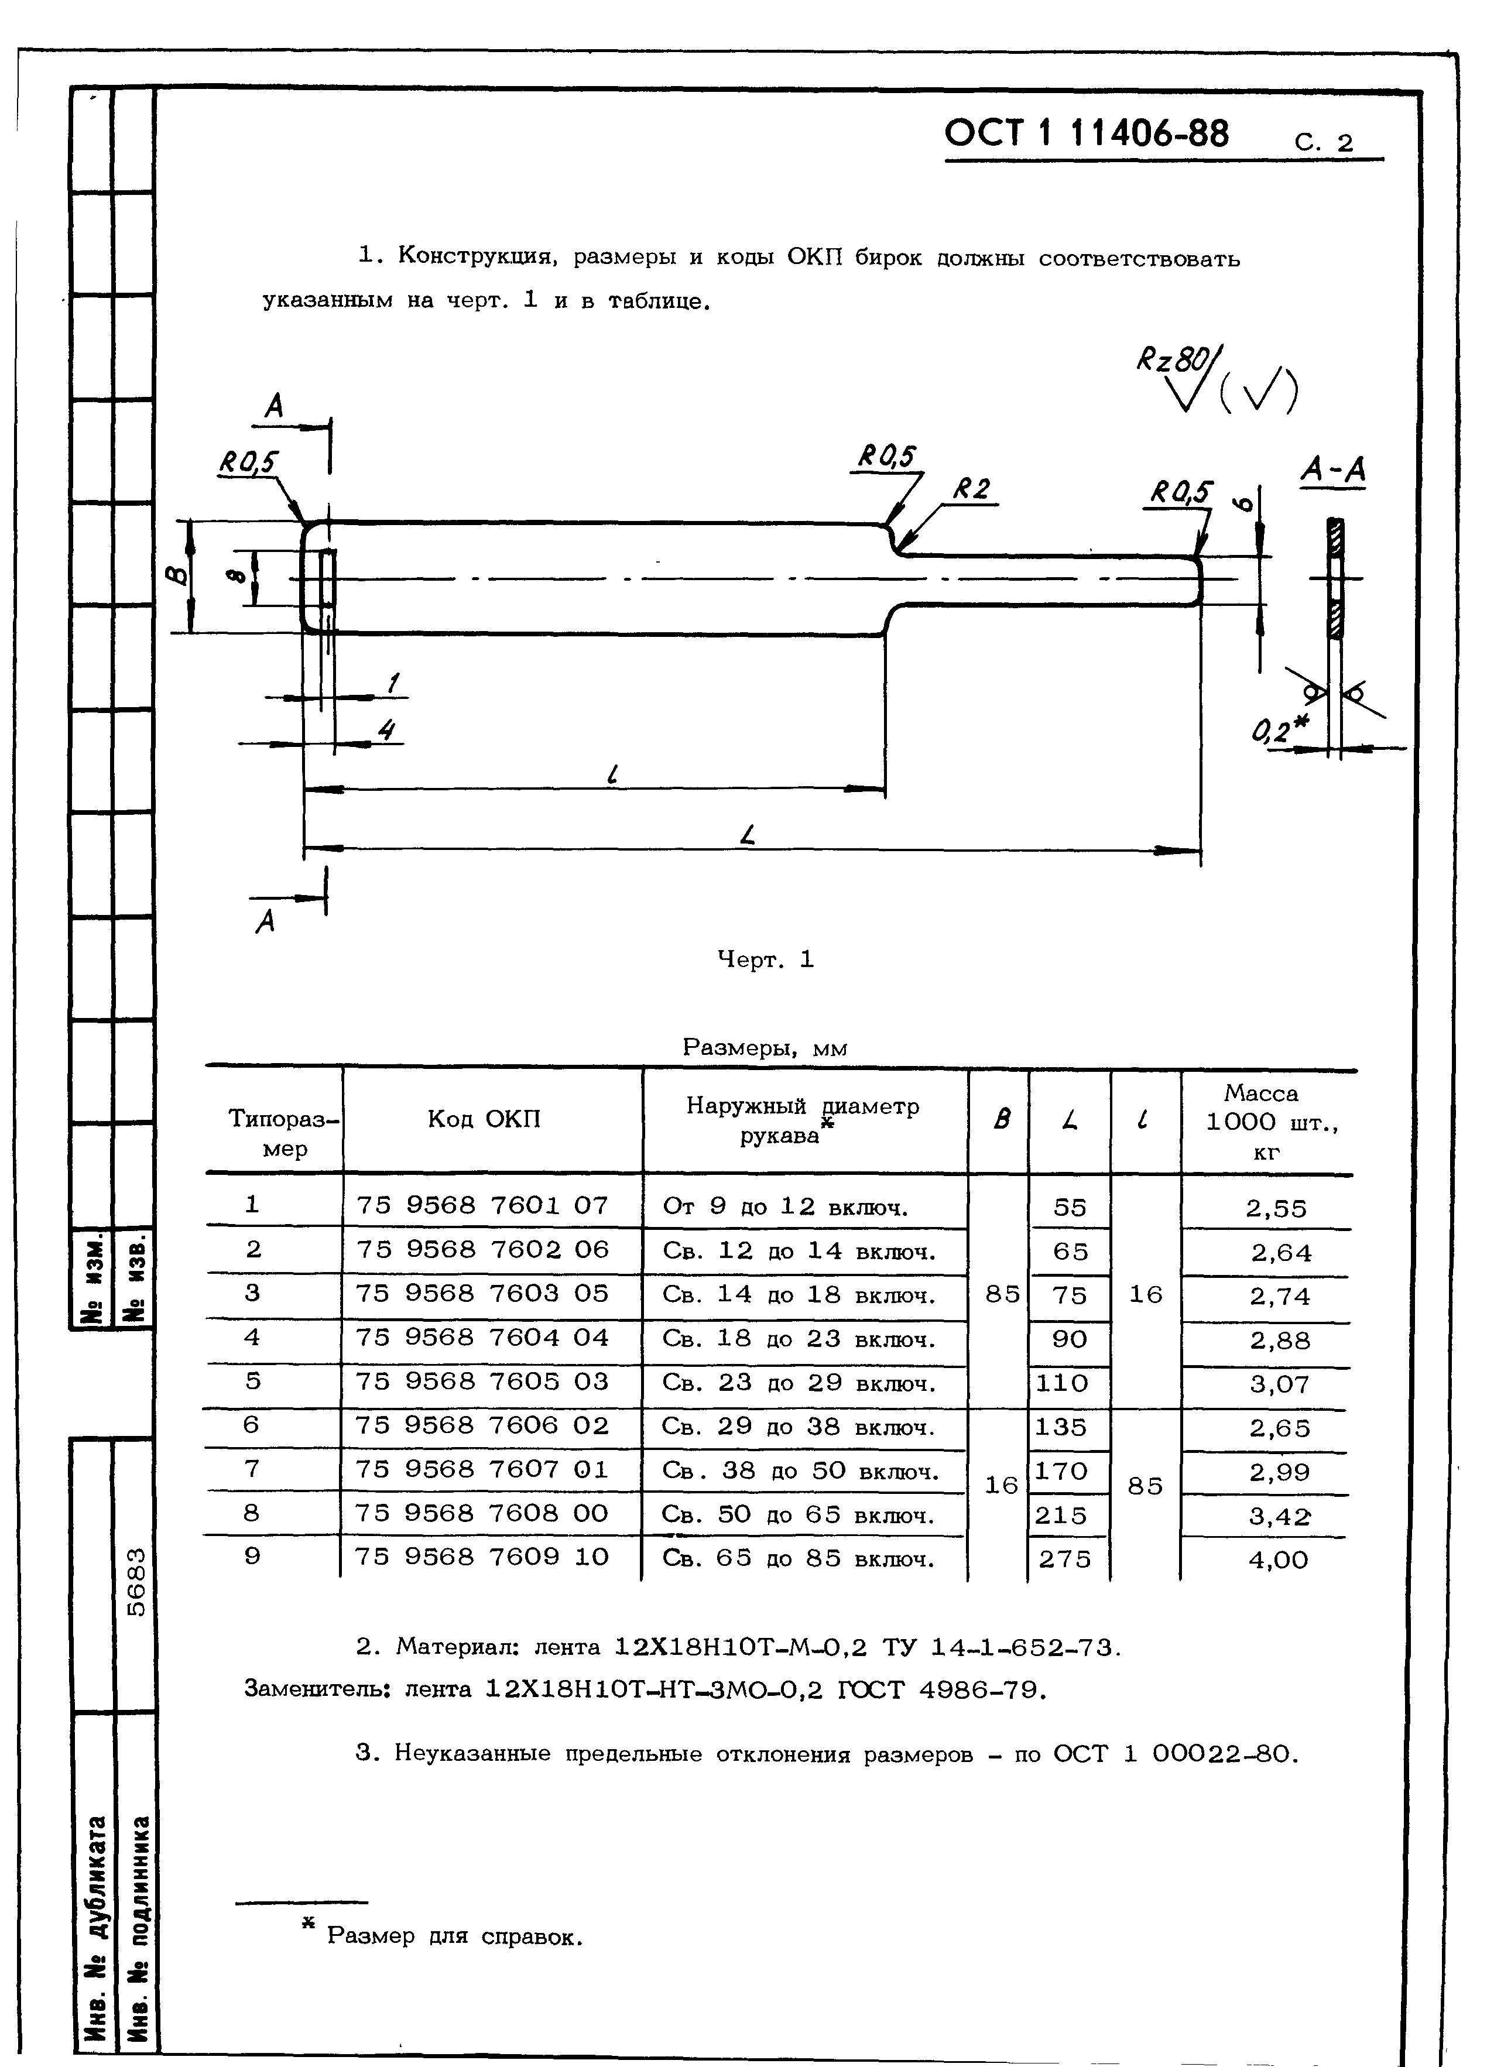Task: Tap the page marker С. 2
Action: coord(1324,143)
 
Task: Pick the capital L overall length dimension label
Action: coord(749,834)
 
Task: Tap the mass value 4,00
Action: coord(1278,1559)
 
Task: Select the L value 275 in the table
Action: coord(1065,1558)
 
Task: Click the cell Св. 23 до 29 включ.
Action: coord(799,1383)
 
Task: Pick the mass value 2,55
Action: coord(1276,1209)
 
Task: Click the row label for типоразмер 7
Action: coord(252,1469)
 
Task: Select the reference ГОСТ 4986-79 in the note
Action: coord(941,1689)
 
